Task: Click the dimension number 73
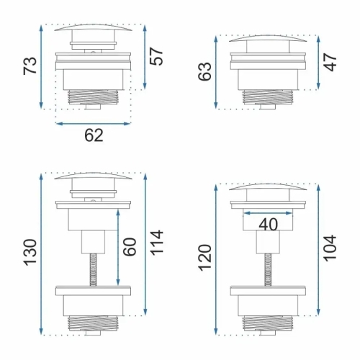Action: (30, 66)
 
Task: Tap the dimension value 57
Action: (156, 56)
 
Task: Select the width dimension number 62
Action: (94, 135)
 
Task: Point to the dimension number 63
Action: (204, 71)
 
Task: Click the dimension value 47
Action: (330, 63)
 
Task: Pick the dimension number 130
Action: (30, 253)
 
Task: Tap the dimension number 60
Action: (130, 247)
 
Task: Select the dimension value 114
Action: (156, 243)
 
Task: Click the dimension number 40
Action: (269, 225)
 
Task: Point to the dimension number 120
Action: (205, 258)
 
